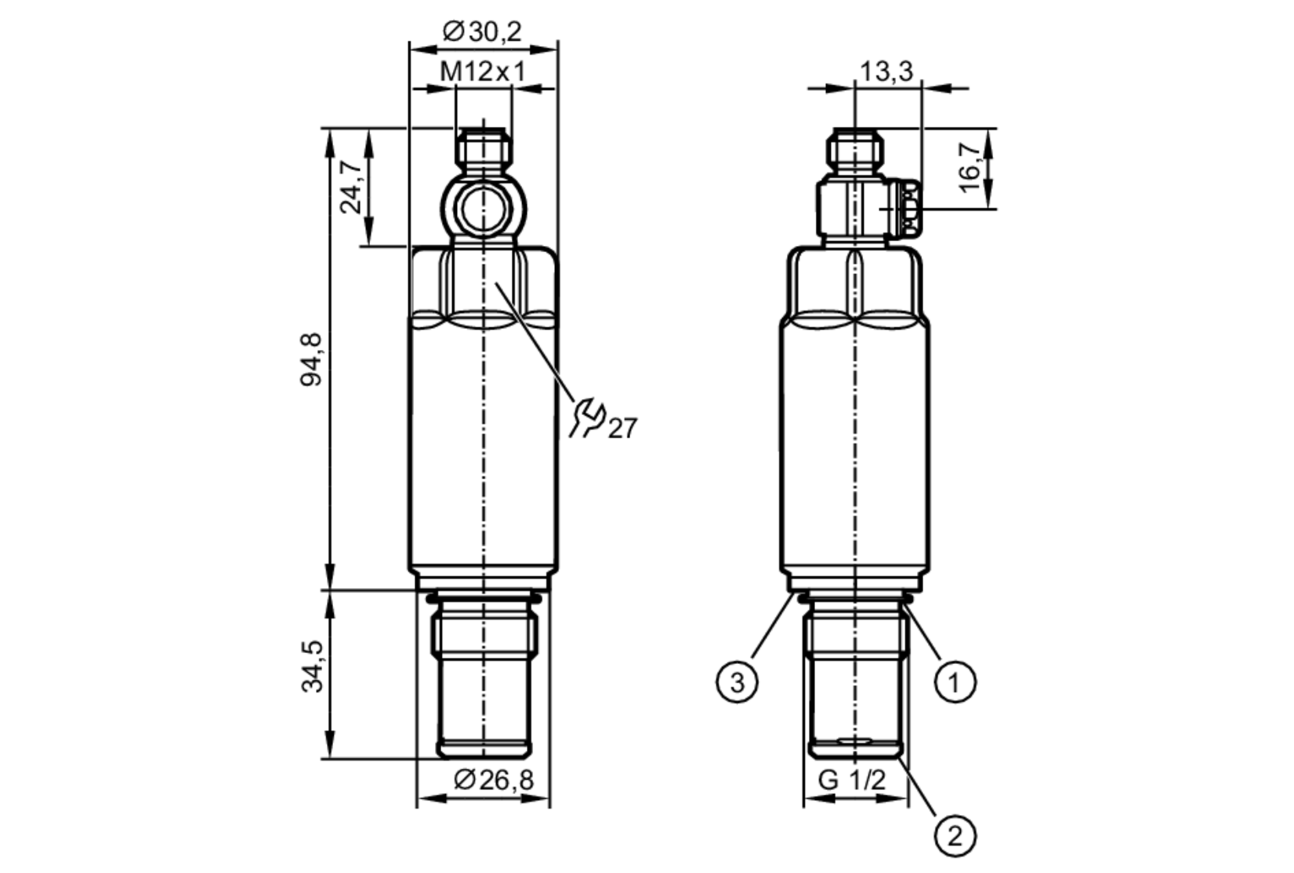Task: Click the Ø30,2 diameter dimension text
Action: [482, 31]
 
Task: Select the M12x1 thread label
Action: [483, 72]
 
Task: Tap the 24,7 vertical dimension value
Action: [351, 187]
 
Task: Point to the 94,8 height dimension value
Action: [311, 360]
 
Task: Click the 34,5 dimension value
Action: [313, 666]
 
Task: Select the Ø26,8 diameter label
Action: [494, 780]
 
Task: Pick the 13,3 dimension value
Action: [886, 71]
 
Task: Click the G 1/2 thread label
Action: [851, 780]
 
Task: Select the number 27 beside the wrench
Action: [622, 429]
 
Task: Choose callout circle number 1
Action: [955, 682]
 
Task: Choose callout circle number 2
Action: [955, 837]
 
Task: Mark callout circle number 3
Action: [737, 682]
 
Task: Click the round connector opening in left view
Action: [483, 209]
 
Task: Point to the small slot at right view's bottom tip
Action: [855, 740]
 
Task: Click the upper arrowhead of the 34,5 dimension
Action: [330, 599]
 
